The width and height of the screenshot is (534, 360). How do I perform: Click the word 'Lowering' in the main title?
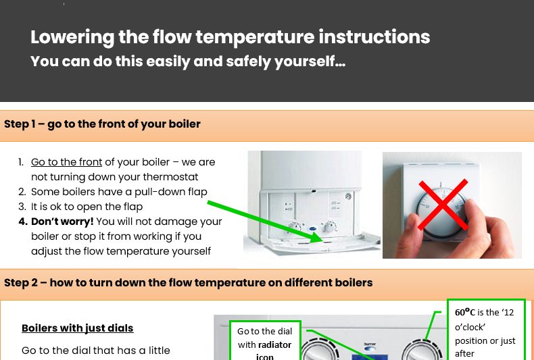(72, 37)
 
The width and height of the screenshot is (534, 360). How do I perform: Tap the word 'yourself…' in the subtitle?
(310, 61)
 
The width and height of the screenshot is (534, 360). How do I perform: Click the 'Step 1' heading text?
(102, 124)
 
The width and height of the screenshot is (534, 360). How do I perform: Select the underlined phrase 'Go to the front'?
(66, 162)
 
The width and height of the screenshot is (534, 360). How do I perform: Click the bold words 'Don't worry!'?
(62, 222)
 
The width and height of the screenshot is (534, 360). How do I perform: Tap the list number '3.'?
(22, 207)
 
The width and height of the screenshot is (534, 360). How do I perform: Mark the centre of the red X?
(443, 205)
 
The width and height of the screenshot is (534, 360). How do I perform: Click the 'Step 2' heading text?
(189, 283)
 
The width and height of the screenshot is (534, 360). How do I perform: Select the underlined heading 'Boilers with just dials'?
(78, 328)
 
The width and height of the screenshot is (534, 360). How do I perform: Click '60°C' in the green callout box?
(465, 312)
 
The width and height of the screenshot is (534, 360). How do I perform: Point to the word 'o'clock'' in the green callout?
(470, 327)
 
